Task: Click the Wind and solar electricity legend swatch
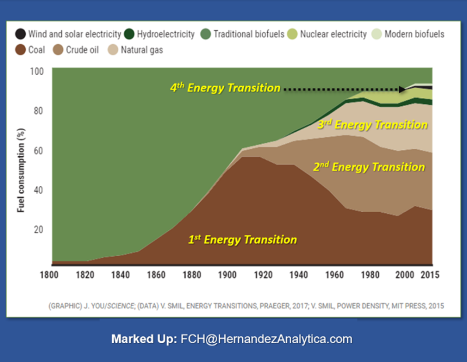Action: tap(21, 34)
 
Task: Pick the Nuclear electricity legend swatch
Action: tap(292, 34)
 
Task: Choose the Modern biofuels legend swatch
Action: tap(377, 34)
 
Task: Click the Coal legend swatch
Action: tap(21, 50)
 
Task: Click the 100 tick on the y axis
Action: tap(36, 71)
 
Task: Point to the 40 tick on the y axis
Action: tap(39, 190)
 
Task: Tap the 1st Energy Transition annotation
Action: tap(242, 240)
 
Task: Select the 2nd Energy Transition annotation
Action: tap(369, 167)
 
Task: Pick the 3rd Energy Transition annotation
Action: tap(372, 125)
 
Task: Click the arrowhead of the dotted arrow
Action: tap(403, 89)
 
